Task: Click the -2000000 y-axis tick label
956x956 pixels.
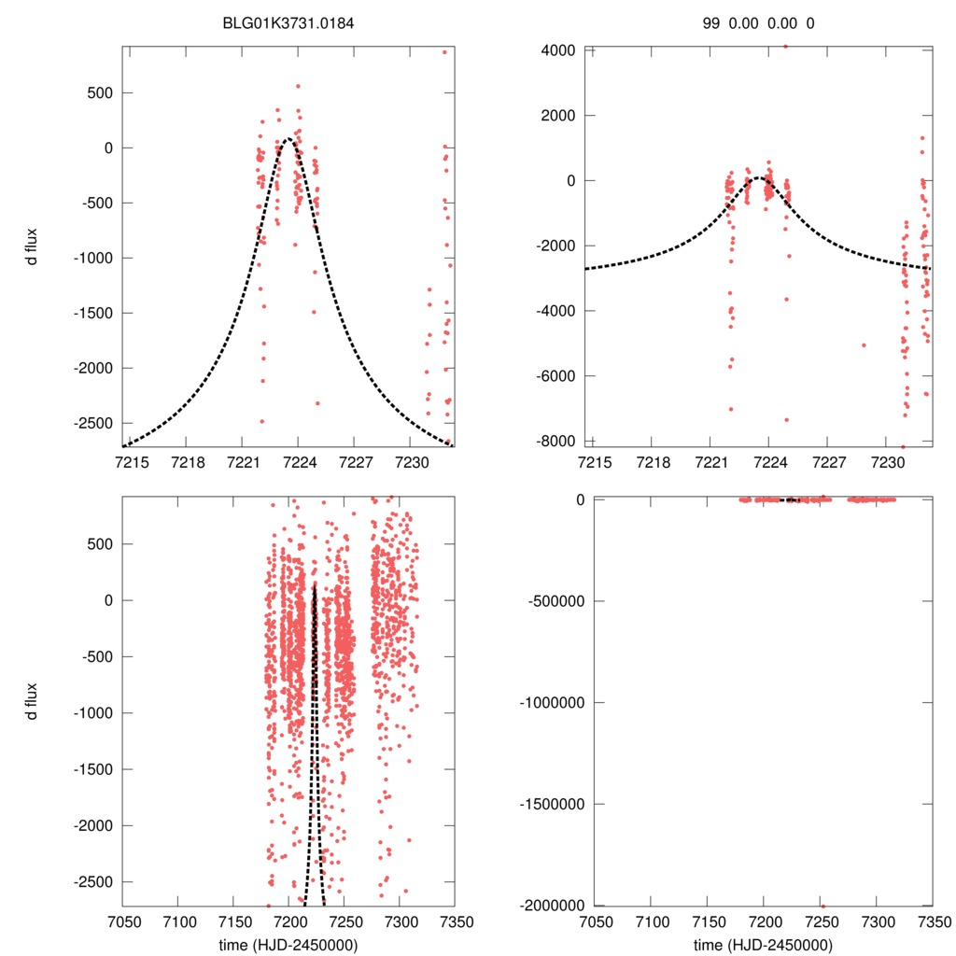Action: click(553, 906)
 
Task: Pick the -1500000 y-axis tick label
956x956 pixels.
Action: click(553, 804)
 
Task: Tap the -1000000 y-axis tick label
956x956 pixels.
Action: click(553, 702)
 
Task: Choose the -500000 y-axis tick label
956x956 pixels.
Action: click(556, 600)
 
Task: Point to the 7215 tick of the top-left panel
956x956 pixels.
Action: click(131, 462)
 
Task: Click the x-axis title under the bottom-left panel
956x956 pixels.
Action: click(288, 945)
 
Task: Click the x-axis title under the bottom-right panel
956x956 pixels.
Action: click(762, 945)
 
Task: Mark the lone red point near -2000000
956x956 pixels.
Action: click(822, 906)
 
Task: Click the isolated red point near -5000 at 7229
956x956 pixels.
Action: click(864, 344)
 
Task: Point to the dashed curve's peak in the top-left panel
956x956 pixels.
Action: click(288, 139)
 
